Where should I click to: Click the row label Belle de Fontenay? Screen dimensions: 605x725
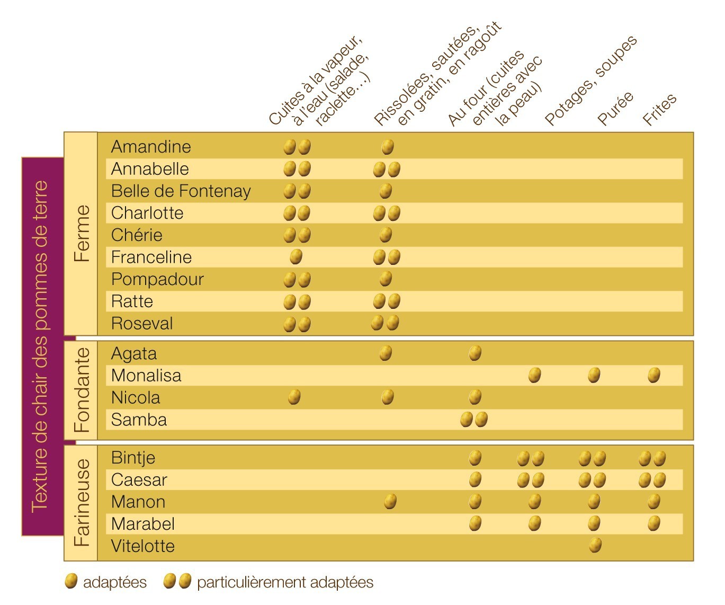point(181,191)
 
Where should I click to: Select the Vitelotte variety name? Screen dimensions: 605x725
point(142,546)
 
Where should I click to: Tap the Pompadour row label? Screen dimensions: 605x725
point(157,279)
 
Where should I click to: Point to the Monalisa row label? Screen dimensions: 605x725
point(146,376)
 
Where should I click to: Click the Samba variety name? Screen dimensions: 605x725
point(139,420)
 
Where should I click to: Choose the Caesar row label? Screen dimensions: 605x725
point(139,480)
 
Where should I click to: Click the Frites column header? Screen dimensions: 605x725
point(659,109)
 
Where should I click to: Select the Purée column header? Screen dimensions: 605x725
point(615,108)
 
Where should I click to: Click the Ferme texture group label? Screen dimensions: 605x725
point(82,234)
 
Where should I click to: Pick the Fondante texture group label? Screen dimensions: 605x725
point(82,390)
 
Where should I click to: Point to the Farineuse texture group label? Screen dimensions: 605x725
point(82,503)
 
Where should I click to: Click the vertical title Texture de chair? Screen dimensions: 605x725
point(40,346)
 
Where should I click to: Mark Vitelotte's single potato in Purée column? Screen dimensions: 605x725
point(595,545)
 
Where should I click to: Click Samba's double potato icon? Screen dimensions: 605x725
point(473,420)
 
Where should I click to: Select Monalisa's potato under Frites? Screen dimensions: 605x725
point(654,375)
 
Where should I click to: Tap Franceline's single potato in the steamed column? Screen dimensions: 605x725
point(296,257)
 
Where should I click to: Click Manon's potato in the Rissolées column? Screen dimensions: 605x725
point(390,501)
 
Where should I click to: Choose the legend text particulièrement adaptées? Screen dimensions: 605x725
point(285,583)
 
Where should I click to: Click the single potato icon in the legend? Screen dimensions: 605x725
point(71,581)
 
